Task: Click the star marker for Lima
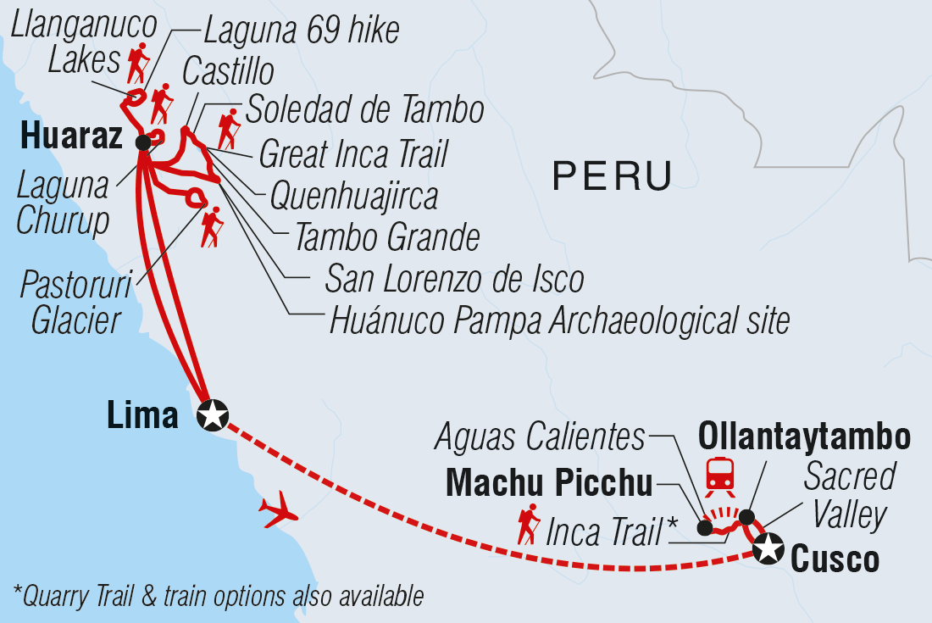(x=212, y=415)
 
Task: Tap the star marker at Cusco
(x=768, y=548)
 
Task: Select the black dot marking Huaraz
(x=143, y=142)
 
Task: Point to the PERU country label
(x=612, y=176)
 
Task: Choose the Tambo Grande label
(x=386, y=238)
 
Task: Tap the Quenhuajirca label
(x=353, y=196)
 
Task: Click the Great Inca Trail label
(x=352, y=154)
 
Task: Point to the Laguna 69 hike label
(x=301, y=30)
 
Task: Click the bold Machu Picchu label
(x=549, y=483)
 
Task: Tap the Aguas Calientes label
(x=540, y=437)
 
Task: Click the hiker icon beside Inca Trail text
(x=529, y=526)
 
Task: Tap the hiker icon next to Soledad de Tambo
(x=229, y=129)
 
